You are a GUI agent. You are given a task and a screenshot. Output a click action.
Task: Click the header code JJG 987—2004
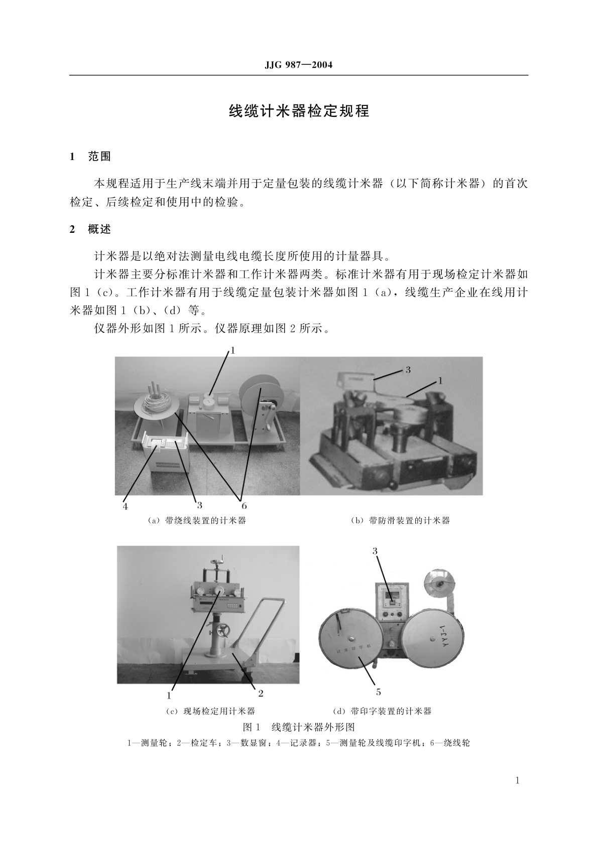pyautogui.click(x=298, y=65)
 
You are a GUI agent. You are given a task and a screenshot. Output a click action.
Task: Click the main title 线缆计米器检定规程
pyautogui.click(x=299, y=111)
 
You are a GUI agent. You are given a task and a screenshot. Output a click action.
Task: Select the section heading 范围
pyautogui.click(x=99, y=157)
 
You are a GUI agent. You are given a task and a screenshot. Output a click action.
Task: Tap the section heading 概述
pyautogui.click(x=99, y=230)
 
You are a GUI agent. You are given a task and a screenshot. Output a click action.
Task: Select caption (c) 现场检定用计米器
pyautogui.click(x=210, y=711)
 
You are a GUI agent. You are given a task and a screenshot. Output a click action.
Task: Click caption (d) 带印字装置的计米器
pyautogui.click(x=382, y=711)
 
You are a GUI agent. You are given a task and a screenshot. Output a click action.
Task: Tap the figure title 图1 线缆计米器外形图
pyautogui.click(x=299, y=727)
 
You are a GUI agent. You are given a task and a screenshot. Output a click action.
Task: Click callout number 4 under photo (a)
pyautogui.click(x=126, y=506)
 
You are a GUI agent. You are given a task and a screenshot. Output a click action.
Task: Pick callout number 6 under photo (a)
pyautogui.click(x=244, y=505)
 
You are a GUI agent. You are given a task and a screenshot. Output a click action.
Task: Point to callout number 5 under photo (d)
pyautogui.click(x=379, y=692)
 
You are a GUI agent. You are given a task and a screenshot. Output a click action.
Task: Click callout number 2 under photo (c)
pyautogui.click(x=261, y=693)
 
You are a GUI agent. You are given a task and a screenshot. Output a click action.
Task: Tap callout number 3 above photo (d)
pyautogui.click(x=375, y=551)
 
